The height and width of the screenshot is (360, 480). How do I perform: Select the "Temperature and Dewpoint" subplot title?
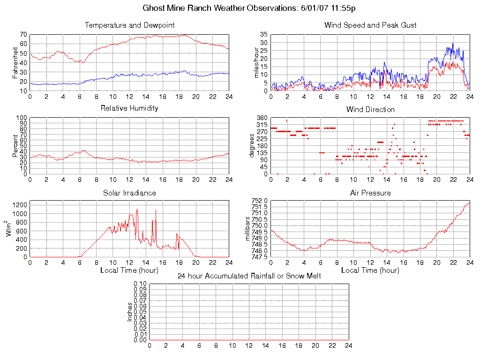click(x=129, y=25)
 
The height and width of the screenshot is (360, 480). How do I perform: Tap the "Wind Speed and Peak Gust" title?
click(x=370, y=25)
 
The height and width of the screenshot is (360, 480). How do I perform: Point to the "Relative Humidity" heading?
click(x=129, y=108)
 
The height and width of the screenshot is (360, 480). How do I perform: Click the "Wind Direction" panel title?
click(x=370, y=109)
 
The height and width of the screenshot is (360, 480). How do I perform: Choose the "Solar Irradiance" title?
click(x=129, y=193)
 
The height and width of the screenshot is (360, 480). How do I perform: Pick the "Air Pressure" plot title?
click(x=370, y=193)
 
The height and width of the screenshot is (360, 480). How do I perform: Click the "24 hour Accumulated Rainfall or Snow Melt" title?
click(x=249, y=276)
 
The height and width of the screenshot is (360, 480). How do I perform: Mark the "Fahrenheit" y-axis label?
click(x=15, y=62)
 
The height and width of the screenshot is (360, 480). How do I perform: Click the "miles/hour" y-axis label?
click(x=256, y=62)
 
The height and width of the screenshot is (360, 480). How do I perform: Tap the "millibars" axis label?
click(x=249, y=229)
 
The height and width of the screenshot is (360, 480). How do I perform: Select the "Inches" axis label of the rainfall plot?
click(x=130, y=312)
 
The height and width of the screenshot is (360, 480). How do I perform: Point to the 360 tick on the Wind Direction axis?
click(x=262, y=118)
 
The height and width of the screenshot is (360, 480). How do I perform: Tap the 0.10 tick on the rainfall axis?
click(x=140, y=284)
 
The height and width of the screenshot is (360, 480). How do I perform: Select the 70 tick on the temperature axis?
click(x=23, y=35)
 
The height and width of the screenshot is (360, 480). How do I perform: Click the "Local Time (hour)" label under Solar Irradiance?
click(x=129, y=270)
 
